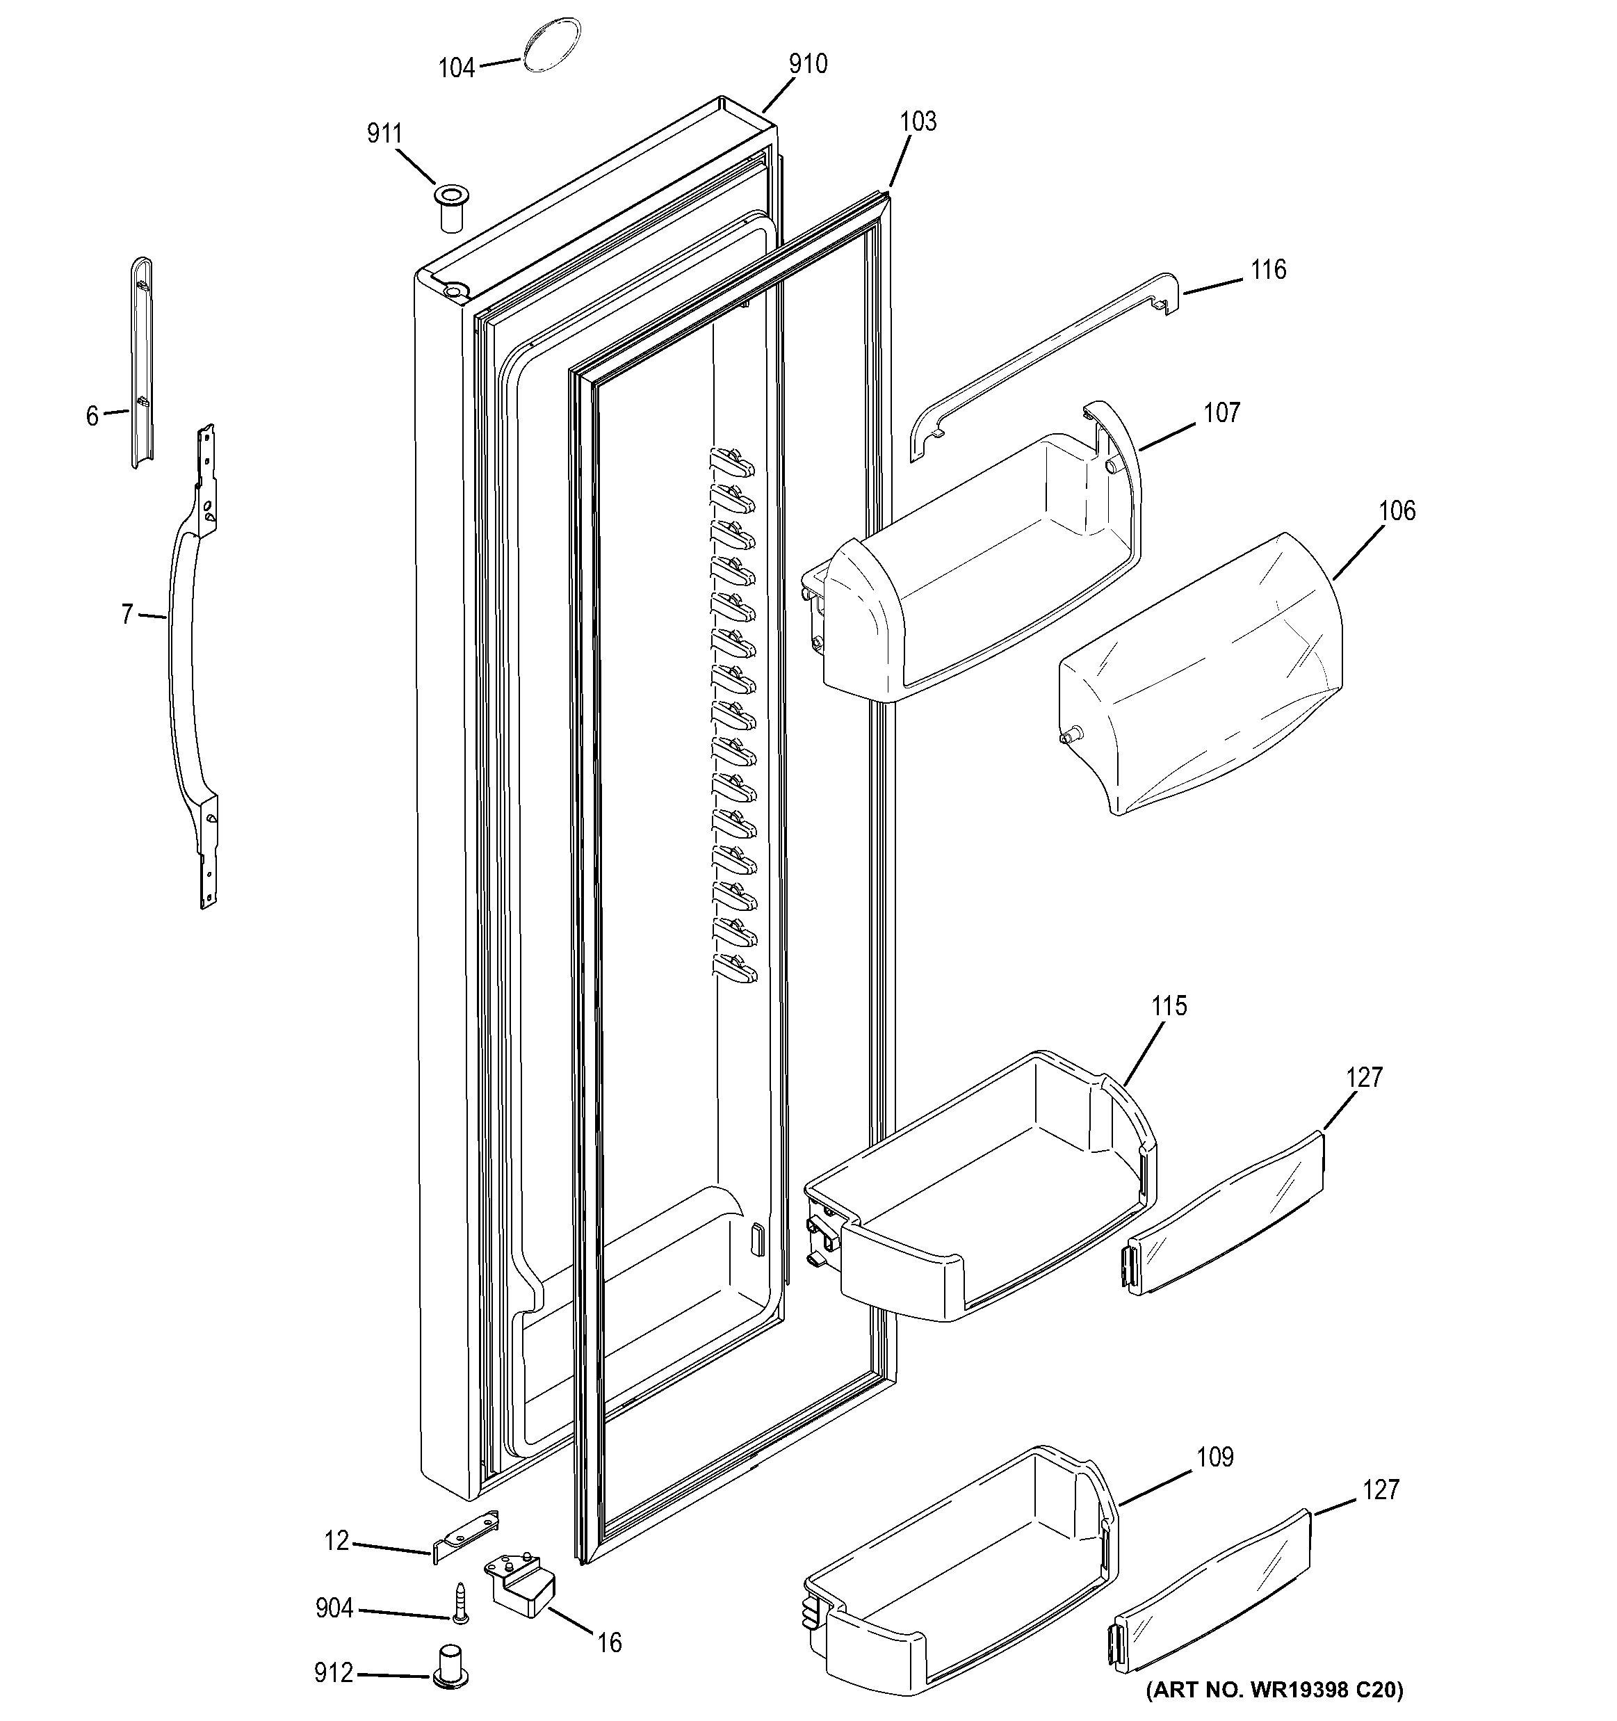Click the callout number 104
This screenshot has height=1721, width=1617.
(x=456, y=67)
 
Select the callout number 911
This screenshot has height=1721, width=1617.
(x=384, y=134)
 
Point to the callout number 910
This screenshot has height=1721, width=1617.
(x=807, y=64)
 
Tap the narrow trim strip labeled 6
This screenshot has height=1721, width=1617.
(x=141, y=364)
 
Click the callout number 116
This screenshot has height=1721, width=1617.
(x=1268, y=270)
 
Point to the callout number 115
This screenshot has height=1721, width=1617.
(x=1169, y=1006)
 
